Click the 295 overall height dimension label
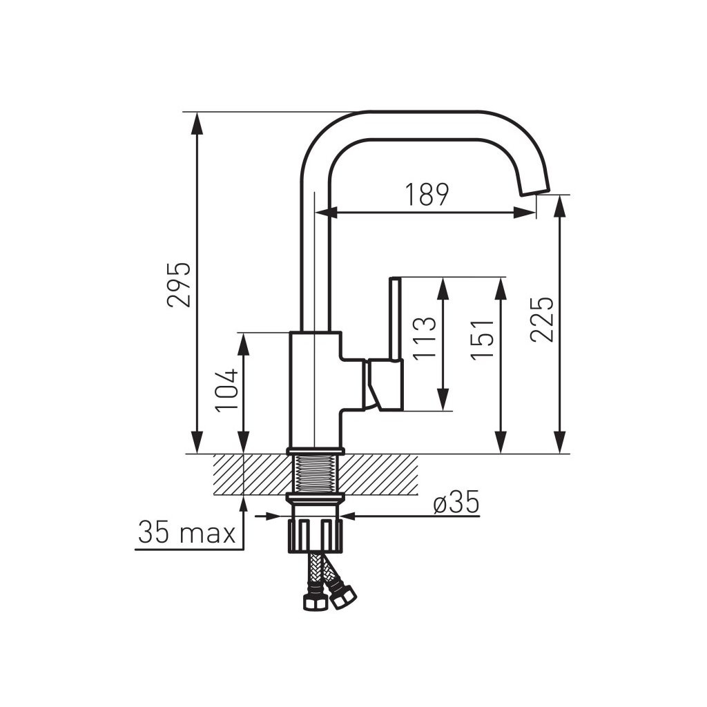coord(179,284)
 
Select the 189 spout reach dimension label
coord(427,194)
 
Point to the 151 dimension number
coord(482,340)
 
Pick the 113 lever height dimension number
coord(425,338)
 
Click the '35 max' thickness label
coord(187,532)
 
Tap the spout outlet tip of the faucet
coord(536,192)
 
